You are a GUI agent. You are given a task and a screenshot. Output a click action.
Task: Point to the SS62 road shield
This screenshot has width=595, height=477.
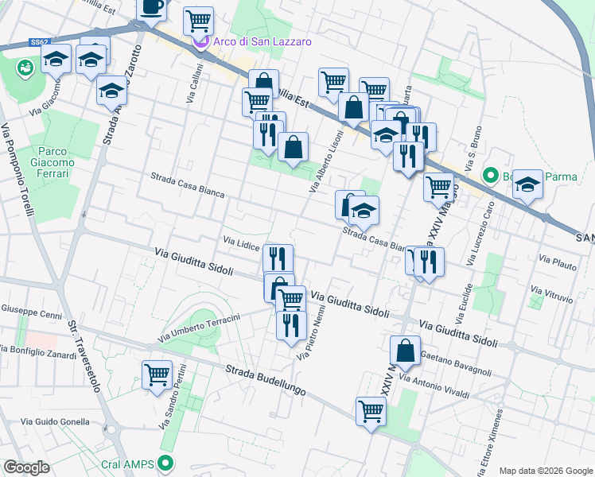click(40, 41)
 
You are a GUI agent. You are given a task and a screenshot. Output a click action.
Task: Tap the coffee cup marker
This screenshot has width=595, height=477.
click(152, 8)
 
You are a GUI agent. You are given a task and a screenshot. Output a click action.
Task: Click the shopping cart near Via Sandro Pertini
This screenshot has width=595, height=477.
click(157, 374)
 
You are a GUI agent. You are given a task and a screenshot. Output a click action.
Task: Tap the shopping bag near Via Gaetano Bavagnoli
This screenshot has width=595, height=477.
click(405, 350)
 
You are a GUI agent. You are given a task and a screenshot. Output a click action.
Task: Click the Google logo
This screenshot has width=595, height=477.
click(25, 467)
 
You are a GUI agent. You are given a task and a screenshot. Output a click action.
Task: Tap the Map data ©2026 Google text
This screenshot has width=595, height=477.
click(546, 471)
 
